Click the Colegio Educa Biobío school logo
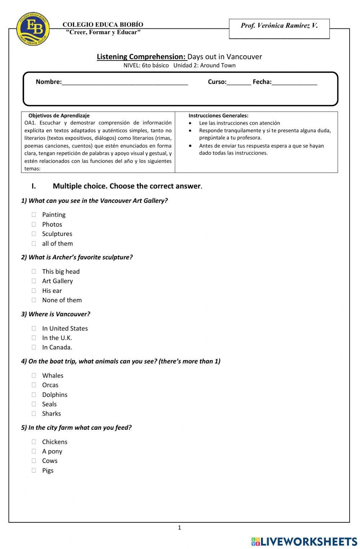33,28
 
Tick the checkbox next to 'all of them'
34,244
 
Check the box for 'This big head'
34,272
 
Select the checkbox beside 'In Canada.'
34,347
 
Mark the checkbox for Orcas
34,385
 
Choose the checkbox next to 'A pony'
34,451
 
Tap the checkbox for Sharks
34,414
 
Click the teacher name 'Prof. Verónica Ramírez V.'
279,26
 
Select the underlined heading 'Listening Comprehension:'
141,57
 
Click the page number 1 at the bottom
180,528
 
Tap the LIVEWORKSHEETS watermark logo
304,541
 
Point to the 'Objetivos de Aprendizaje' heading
59,116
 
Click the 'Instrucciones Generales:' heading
218,116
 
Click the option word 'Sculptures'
57,234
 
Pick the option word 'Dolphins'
55,395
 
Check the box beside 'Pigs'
34,470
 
